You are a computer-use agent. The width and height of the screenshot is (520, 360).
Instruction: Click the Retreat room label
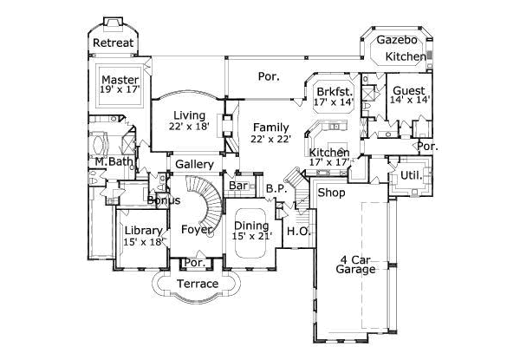click(113, 43)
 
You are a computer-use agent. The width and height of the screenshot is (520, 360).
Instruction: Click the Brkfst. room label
click(334, 90)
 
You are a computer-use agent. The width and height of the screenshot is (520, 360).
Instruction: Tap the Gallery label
click(194, 165)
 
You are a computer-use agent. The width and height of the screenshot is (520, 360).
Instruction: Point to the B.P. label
click(276, 188)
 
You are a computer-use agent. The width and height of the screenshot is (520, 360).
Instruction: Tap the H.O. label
click(297, 231)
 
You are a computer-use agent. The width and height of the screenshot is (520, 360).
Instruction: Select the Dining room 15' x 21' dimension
click(251, 238)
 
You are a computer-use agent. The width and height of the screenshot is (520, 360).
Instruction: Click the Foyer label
click(197, 230)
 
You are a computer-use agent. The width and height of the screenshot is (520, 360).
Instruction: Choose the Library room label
click(143, 230)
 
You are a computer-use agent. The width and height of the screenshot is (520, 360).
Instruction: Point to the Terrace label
click(197, 284)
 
